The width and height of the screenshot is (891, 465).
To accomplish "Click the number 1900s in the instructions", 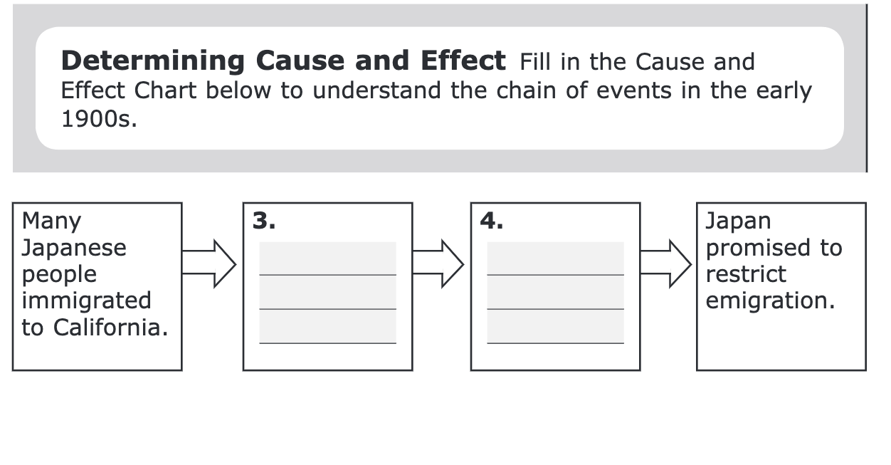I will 97,119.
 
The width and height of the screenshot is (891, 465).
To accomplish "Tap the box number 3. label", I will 264,221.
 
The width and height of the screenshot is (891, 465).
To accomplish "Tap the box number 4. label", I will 492,221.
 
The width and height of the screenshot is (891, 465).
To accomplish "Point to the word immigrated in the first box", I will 86,301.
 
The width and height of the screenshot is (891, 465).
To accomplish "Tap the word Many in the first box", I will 51,221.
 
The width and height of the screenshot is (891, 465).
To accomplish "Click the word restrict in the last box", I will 746,274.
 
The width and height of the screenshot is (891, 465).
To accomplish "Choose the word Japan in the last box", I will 738,221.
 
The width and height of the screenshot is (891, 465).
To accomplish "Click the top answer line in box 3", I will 327,274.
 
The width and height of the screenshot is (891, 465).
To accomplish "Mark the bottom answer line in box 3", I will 327,343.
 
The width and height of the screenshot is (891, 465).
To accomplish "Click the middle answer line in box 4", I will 555,308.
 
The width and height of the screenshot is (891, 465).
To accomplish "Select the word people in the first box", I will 59,275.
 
